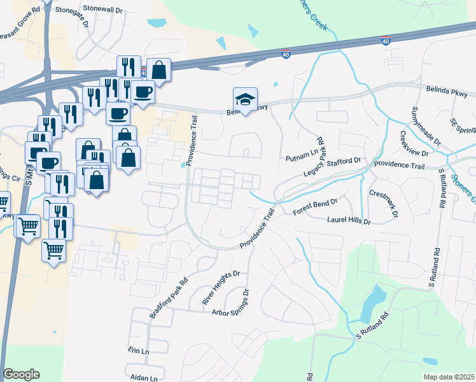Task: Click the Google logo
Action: [x=21, y=374]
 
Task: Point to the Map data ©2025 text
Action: [x=449, y=378]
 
